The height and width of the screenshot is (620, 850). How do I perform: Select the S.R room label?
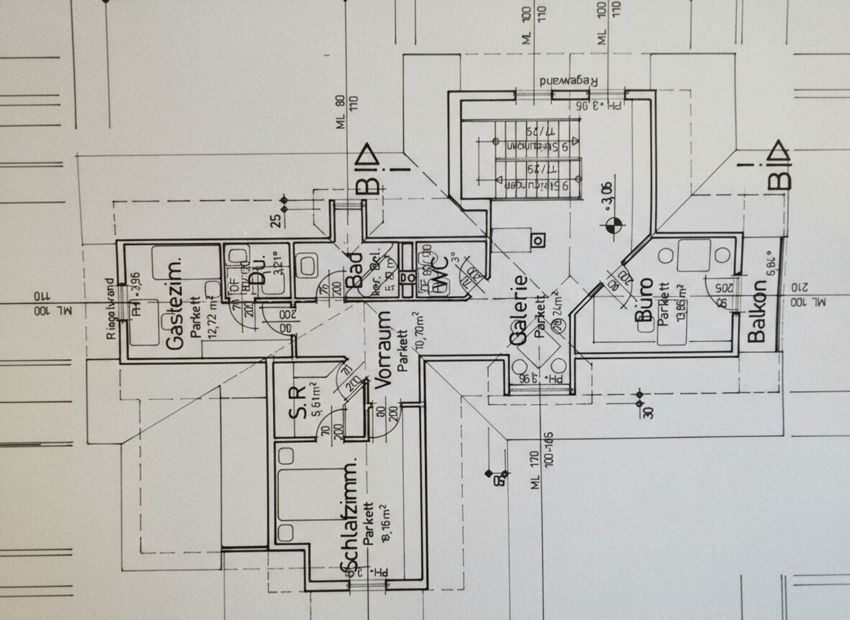coord(297,402)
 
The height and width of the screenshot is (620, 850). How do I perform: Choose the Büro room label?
coord(642,301)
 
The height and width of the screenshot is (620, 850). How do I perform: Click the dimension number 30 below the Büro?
coord(648,411)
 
